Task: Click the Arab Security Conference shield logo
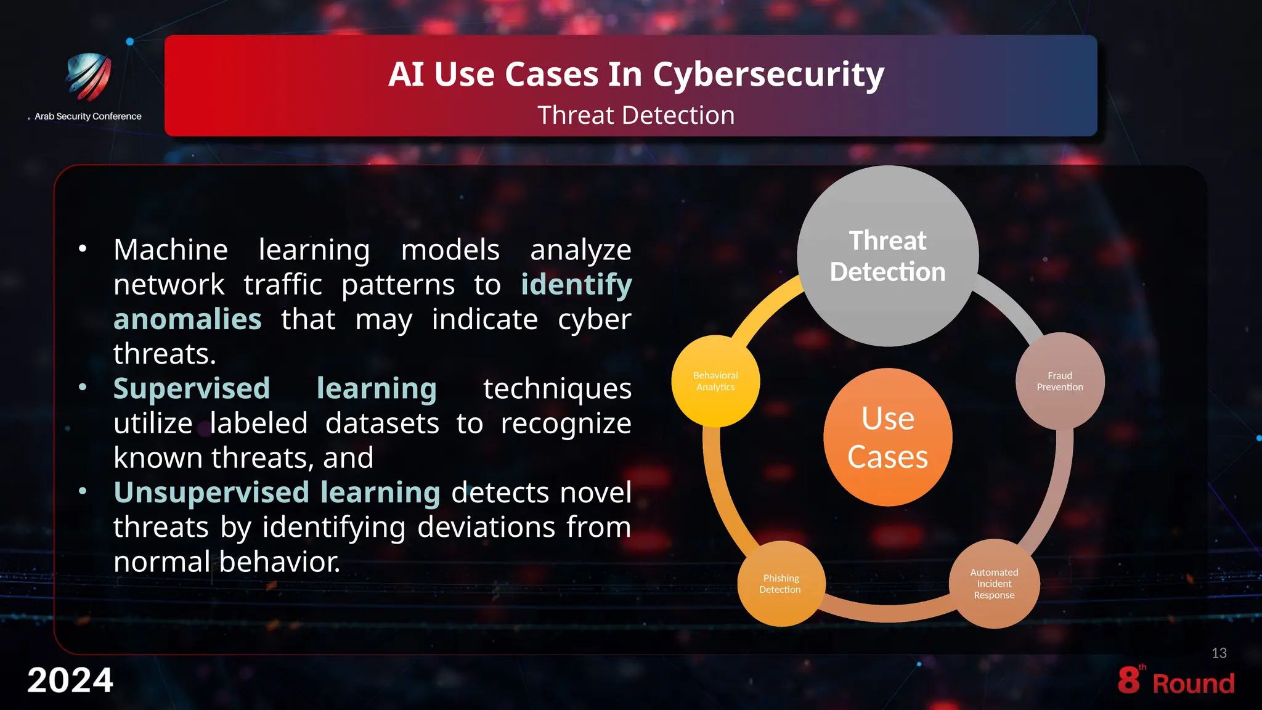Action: pyautogui.click(x=89, y=76)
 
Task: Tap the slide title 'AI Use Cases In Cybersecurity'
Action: pyautogui.click(x=636, y=74)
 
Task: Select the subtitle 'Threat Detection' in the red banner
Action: pyautogui.click(x=636, y=115)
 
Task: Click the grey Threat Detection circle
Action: pyautogui.click(x=887, y=256)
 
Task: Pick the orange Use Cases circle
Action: pyautogui.click(x=887, y=437)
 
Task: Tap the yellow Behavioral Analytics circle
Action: pyautogui.click(x=715, y=381)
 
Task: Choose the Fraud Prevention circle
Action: pyautogui.click(x=1060, y=381)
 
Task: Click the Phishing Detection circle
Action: pyautogui.click(x=781, y=584)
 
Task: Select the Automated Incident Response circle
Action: pyautogui.click(x=994, y=584)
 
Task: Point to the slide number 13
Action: pyautogui.click(x=1219, y=653)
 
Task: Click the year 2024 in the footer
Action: pyautogui.click(x=70, y=680)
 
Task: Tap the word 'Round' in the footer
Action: pyautogui.click(x=1194, y=683)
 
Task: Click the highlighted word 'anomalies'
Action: pyautogui.click(x=188, y=319)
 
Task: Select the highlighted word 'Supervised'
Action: pyautogui.click(x=192, y=388)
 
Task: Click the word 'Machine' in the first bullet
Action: pyautogui.click(x=171, y=250)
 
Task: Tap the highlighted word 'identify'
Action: pyautogui.click(x=576, y=285)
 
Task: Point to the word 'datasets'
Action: pyautogui.click(x=382, y=423)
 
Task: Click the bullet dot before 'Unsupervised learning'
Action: pyautogui.click(x=83, y=492)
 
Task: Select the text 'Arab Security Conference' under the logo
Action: pyautogui.click(x=88, y=116)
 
